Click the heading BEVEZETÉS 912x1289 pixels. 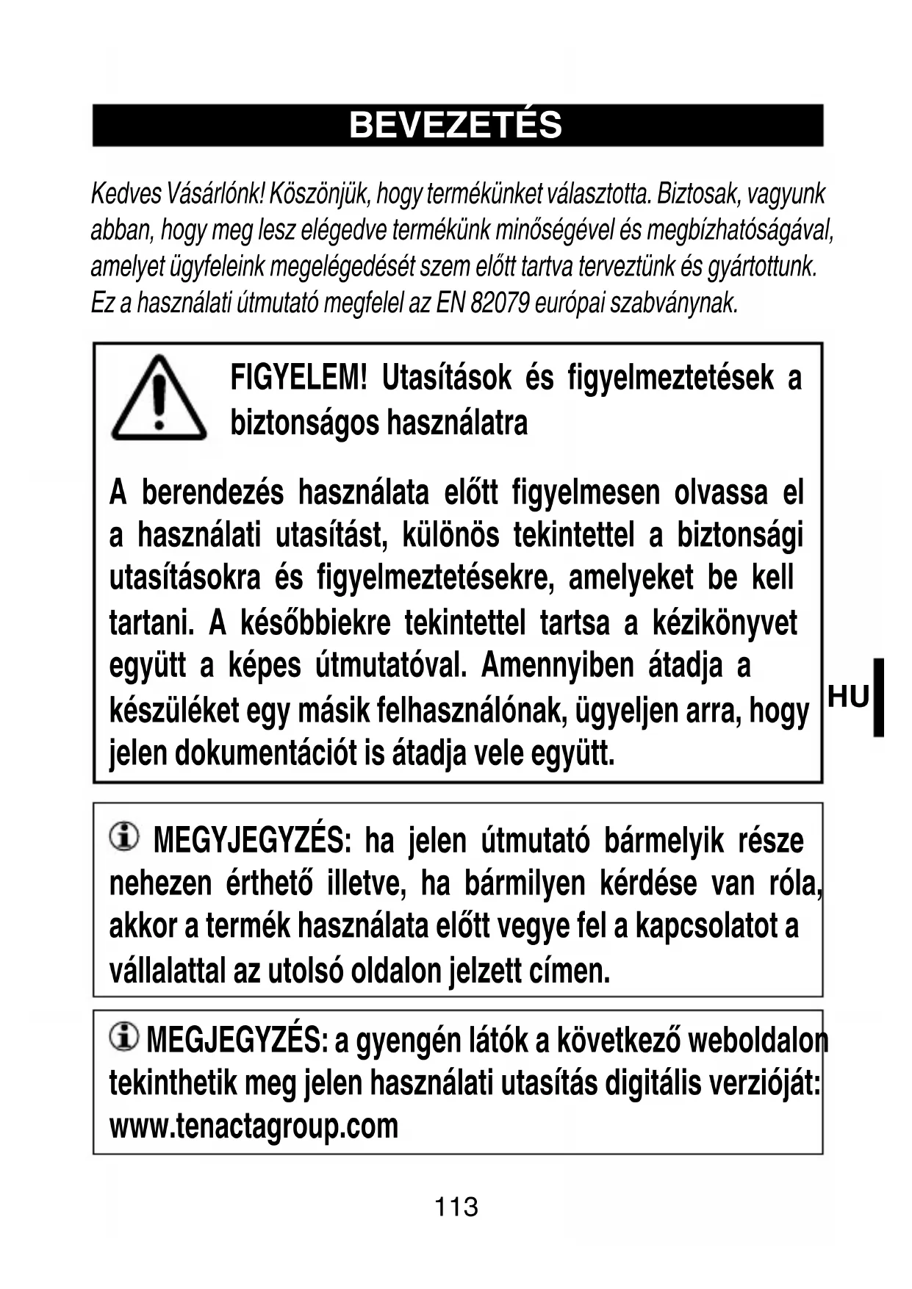pos(456,126)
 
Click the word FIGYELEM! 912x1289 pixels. pos(298,378)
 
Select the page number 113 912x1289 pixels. pos(456,1206)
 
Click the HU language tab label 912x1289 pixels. pos(848,697)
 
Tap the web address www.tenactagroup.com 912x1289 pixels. pos(254,1126)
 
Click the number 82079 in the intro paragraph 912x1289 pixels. pos(500,302)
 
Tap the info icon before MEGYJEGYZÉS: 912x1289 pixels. pos(124,836)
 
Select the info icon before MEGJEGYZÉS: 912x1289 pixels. pos(123,1036)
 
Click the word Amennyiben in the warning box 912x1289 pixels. pos(557,666)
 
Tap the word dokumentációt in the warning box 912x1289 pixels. pos(265,753)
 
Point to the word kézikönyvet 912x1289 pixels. pos(724,623)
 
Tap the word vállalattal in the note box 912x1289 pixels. pos(167,972)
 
